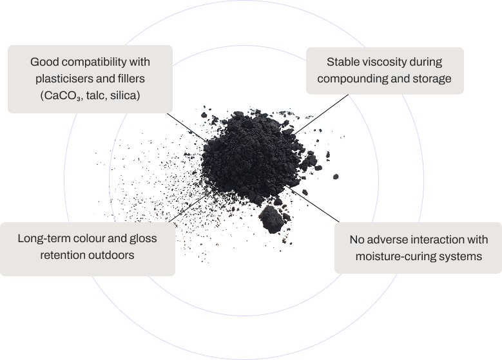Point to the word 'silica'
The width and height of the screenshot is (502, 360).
click(x=126, y=95)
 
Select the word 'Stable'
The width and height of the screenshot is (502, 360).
click(x=342, y=62)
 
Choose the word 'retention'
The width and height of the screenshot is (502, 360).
click(x=64, y=255)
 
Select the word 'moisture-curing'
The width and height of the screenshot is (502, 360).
click(x=394, y=256)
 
